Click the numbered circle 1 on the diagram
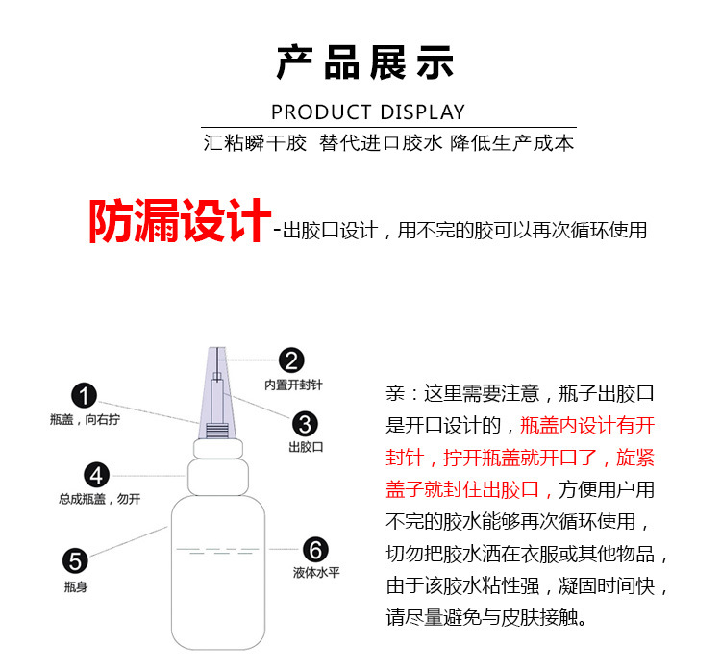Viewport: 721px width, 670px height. tap(85, 395)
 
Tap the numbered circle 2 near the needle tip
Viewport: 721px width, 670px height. tap(291, 360)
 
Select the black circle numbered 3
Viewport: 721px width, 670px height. tap(305, 424)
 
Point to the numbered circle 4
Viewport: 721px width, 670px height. tap(96, 475)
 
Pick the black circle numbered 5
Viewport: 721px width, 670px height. tap(75, 561)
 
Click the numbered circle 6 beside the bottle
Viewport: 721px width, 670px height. tap(316, 550)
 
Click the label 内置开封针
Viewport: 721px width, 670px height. tap(293, 385)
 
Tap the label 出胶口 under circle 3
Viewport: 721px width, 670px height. tap(306, 447)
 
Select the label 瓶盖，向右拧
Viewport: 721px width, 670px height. tap(85, 419)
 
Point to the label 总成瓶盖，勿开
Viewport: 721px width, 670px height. tap(99, 499)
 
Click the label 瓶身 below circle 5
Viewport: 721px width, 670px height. tap(75, 586)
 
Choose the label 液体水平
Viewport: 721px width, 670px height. tap(316, 573)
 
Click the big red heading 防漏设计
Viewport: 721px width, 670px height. tap(180, 221)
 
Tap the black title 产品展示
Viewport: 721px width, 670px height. tap(365, 62)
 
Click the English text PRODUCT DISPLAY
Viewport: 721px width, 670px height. tap(368, 112)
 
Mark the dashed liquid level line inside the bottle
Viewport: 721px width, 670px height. tap(218, 550)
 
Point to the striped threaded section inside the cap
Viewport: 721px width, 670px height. tap(217, 431)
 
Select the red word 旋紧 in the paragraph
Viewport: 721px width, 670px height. tap(635, 458)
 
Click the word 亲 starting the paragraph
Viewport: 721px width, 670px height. tap(395, 393)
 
